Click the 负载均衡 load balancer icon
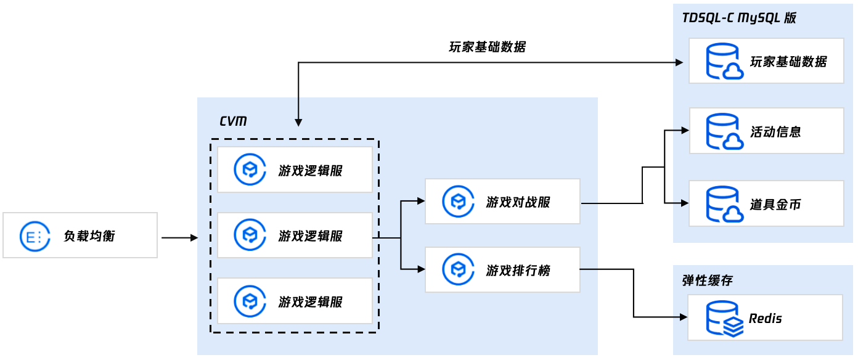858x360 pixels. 31,236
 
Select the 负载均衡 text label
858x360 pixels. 89,236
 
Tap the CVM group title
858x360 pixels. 234,121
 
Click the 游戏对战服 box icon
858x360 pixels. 458,202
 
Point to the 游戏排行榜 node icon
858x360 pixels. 458,269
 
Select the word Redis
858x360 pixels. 766,319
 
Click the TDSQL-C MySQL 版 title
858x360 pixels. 738,17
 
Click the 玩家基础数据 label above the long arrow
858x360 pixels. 488,47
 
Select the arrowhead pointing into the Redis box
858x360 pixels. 683,317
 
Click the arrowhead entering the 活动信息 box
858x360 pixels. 684,131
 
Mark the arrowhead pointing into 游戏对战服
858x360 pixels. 420,201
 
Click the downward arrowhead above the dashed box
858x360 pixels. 298,123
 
